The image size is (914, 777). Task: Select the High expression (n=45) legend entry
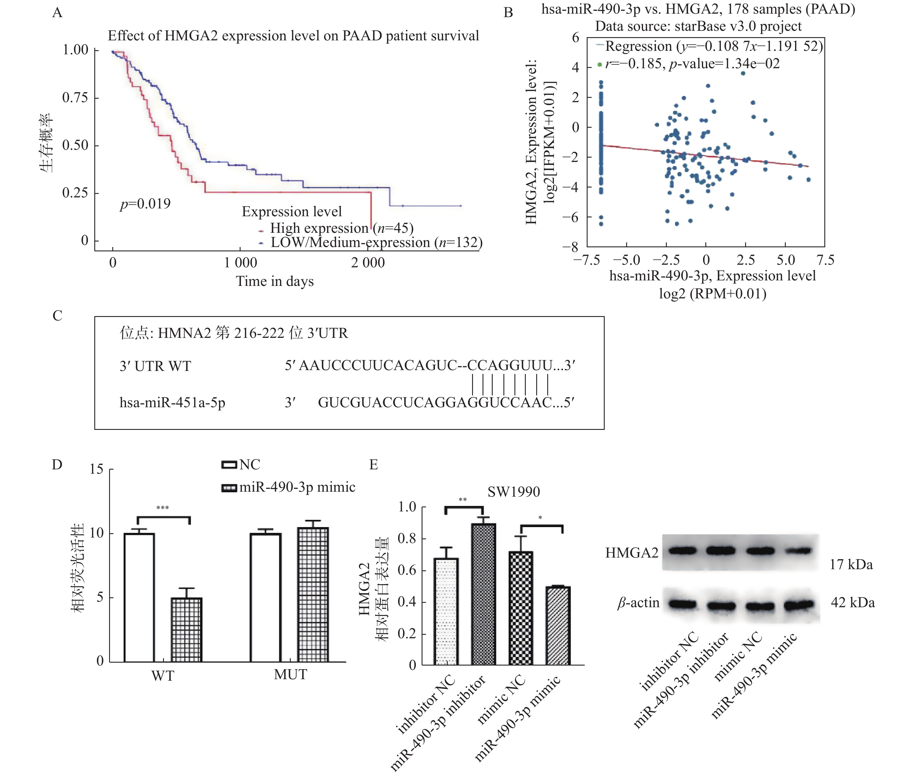click(341, 228)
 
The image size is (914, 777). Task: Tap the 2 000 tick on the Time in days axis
click(368, 263)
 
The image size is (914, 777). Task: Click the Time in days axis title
click(275, 282)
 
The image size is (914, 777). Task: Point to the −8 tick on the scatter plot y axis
click(570, 247)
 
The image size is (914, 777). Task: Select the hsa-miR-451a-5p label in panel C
click(172, 403)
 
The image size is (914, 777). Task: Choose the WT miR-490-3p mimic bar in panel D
click(186, 630)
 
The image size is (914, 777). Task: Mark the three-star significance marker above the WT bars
click(162, 508)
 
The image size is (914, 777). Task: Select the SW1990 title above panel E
click(513, 492)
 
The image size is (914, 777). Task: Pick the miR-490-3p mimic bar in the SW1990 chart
click(558, 625)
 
